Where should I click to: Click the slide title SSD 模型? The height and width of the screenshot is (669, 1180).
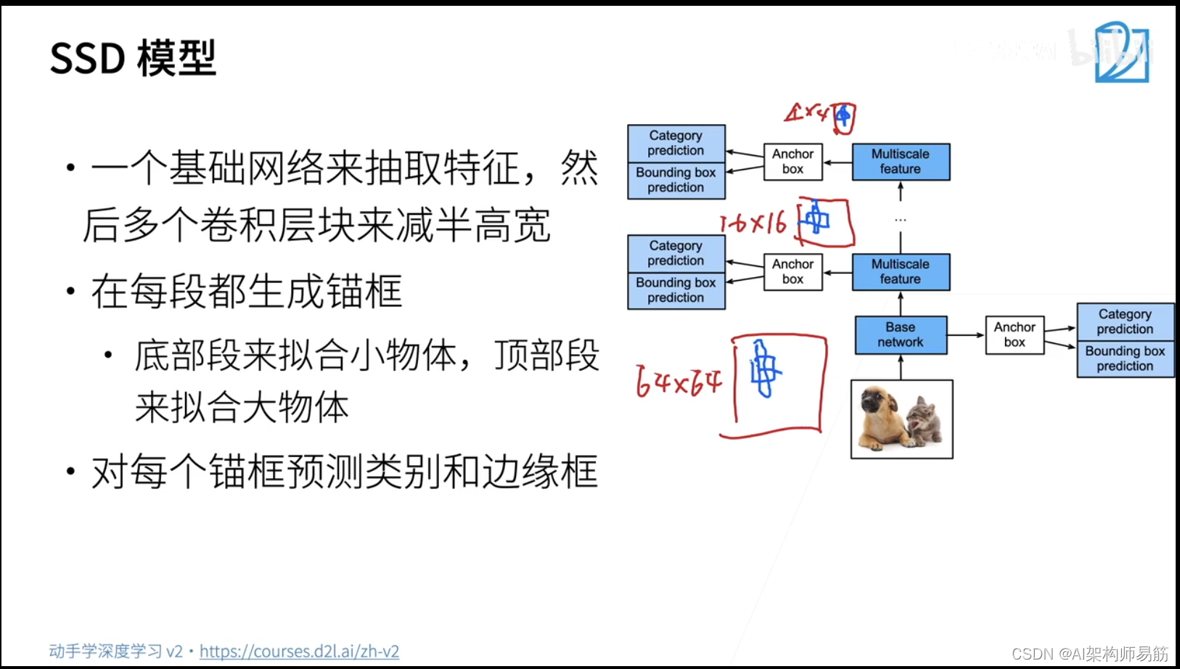(x=133, y=58)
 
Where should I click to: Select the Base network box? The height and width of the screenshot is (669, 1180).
(x=901, y=334)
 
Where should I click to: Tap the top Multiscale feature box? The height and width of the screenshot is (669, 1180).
(x=901, y=161)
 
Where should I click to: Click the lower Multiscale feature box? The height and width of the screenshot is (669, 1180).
(x=901, y=271)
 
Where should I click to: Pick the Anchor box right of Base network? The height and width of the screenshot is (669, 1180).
(x=1015, y=334)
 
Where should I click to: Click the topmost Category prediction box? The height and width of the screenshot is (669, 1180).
(x=676, y=143)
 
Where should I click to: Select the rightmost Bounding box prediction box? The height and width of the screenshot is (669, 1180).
(x=1125, y=358)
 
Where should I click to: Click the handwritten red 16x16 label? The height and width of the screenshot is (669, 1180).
(x=753, y=223)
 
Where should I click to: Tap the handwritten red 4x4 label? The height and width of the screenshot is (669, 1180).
(x=806, y=112)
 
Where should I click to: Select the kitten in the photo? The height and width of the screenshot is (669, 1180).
(x=923, y=422)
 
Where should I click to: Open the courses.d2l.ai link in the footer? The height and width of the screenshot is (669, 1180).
(x=299, y=651)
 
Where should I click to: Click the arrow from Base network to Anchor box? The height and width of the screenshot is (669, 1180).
(x=965, y=335)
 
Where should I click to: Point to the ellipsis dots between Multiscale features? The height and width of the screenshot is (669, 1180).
(x=901, y=219)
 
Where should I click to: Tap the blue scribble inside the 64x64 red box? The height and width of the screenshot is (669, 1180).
(x=763, y=370)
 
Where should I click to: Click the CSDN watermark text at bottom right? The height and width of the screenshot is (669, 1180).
(x=1089, y=654)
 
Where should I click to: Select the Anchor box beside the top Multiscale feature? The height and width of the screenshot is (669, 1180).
(x=792, y=161)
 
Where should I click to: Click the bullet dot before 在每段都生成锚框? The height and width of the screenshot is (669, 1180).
(x=70, y=292)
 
